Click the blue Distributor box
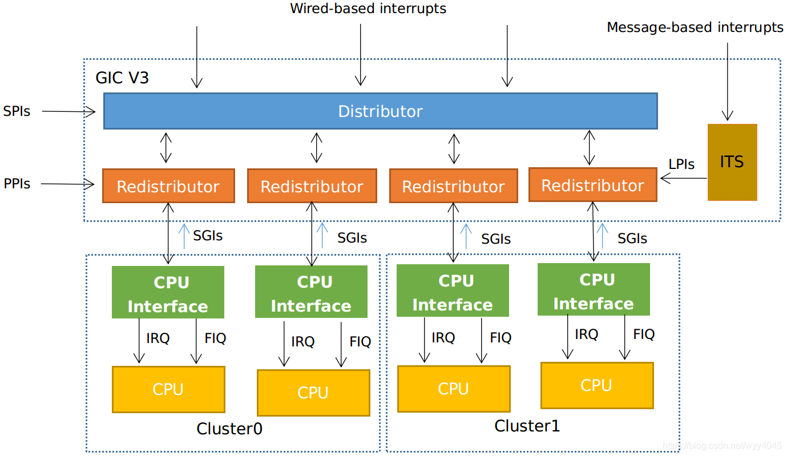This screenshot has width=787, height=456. pos(380,111)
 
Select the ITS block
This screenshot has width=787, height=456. pos(732,162)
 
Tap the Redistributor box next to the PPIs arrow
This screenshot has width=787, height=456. pos(168,186)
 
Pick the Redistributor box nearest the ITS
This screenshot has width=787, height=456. pos(592,185)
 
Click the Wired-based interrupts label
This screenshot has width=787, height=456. pos(368,9)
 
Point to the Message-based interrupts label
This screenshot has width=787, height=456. pos(695,27)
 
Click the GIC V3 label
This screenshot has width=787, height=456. pos(122,78)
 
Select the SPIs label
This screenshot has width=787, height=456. pos(17,111)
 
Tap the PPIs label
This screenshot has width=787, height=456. pos(17,184)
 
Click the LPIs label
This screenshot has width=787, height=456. pos(681,164)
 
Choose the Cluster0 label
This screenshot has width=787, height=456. pos(229,429)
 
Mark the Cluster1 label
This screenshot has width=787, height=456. pos(527,426)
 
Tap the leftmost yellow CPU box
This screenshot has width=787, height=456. pos(168,389)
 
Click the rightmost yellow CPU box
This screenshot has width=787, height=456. pos(596,385)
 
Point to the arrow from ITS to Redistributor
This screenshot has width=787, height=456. pos(683,179)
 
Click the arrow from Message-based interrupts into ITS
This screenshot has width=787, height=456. pos(727,80)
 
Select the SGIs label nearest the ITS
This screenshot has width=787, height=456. pos(632,238)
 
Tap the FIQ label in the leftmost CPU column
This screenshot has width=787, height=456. pos(215,338)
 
